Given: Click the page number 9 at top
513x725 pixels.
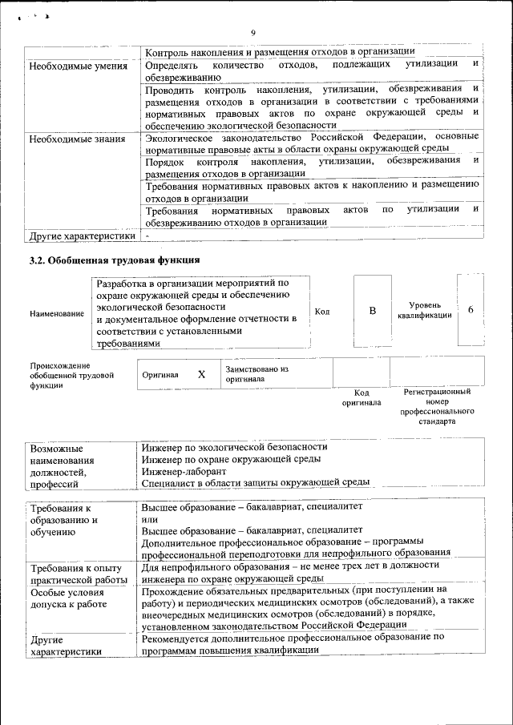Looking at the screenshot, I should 252,33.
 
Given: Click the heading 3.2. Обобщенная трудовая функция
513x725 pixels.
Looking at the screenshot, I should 114,260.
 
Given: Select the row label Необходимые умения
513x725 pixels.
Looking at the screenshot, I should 78,65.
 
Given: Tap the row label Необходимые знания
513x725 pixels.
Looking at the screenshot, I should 77,139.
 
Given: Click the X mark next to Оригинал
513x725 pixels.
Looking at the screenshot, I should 201,374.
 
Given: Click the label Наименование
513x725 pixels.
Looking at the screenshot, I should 57,313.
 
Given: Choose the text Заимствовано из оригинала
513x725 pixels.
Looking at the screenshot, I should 256,374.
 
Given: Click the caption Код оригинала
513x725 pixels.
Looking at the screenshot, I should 362,397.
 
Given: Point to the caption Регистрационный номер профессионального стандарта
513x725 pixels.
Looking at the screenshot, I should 437,406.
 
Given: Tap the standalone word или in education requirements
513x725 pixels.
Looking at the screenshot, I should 150,519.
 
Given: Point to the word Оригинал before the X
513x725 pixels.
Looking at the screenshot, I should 160,374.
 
